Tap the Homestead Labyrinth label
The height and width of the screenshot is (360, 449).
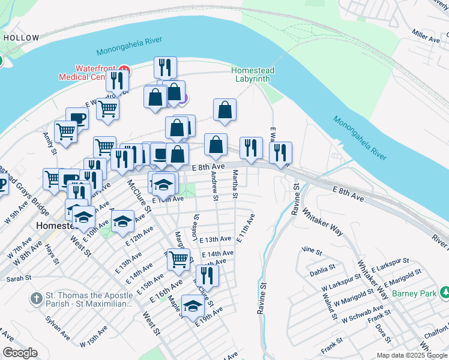(253, 75)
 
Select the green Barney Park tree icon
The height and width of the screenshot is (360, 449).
(445, 292)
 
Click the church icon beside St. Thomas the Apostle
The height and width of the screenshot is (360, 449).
(37, 298)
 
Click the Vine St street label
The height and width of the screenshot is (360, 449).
(312, 249)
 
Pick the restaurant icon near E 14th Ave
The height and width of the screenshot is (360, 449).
(207, 274)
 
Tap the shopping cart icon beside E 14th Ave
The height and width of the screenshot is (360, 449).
(178, 258)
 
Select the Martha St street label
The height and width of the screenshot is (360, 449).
(235, 185)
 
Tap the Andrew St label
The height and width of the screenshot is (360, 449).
(214, 185)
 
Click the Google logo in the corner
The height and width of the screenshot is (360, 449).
(20, 353)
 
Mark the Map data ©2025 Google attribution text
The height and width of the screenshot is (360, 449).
(411, 355)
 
